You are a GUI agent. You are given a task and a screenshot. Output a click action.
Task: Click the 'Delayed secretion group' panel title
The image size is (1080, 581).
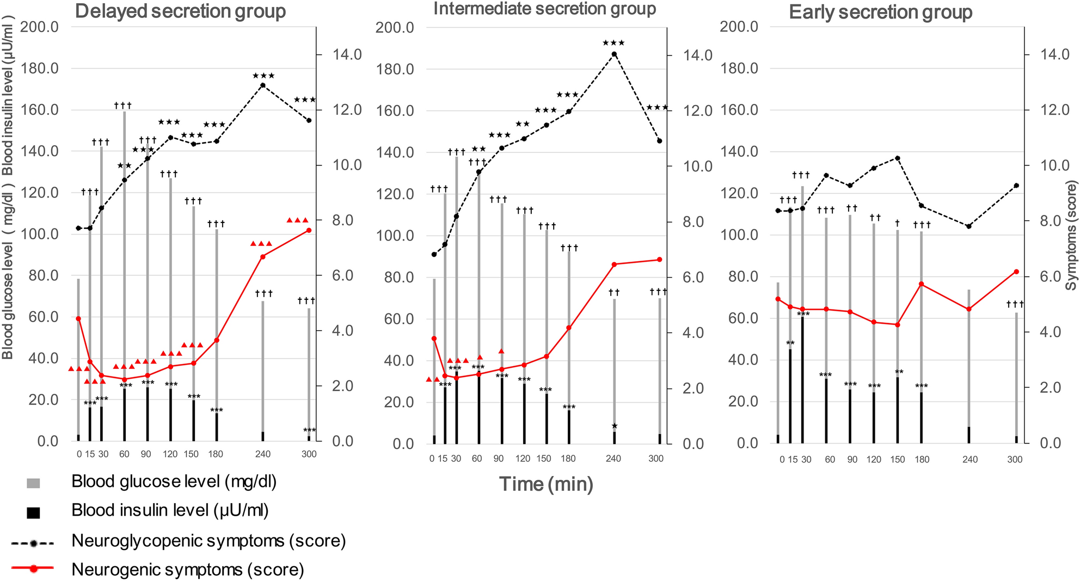(x=180, y=11)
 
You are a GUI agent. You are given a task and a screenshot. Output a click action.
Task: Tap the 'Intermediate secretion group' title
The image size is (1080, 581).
(x=544, y=9)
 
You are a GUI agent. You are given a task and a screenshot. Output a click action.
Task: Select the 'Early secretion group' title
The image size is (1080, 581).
(x=880, y=12)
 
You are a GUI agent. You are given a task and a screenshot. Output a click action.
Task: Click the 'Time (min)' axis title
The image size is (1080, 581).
(x=546, y=484)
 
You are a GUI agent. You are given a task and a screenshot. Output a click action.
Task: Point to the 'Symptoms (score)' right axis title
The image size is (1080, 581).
(x=1071, y=236)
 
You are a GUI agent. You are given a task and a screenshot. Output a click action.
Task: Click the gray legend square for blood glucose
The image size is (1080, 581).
(x=33, y=483)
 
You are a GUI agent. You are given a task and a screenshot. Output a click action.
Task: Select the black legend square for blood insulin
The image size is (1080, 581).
(x=33, y=512)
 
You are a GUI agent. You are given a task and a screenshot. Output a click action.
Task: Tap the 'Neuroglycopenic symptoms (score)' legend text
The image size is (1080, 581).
(x=208, y=541)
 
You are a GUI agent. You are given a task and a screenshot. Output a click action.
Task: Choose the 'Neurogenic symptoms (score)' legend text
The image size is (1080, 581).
(x=187, y=570)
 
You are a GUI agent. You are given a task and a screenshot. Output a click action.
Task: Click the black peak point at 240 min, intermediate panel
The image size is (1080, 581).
(x=614, y=54)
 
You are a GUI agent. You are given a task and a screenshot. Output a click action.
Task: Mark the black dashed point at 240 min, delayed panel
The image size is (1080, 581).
(x=262, y=85)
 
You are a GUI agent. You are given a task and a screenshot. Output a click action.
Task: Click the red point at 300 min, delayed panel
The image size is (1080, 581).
(x=309, y=230)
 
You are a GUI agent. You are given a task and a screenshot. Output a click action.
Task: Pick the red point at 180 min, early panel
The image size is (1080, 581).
(x=921, y=284)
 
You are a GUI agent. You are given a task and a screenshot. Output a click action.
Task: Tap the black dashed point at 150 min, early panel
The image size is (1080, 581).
(x=898, y=158)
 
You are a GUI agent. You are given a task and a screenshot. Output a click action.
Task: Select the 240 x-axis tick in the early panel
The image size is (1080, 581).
(x=969, y=460)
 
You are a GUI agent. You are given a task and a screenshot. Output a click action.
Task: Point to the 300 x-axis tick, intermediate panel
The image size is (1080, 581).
(x=655, y=459)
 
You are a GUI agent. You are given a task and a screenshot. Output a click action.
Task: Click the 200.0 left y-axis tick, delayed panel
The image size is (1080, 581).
(x=39, y=27)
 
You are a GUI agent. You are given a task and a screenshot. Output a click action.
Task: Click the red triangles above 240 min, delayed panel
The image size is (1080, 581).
(x=261, y=243)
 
